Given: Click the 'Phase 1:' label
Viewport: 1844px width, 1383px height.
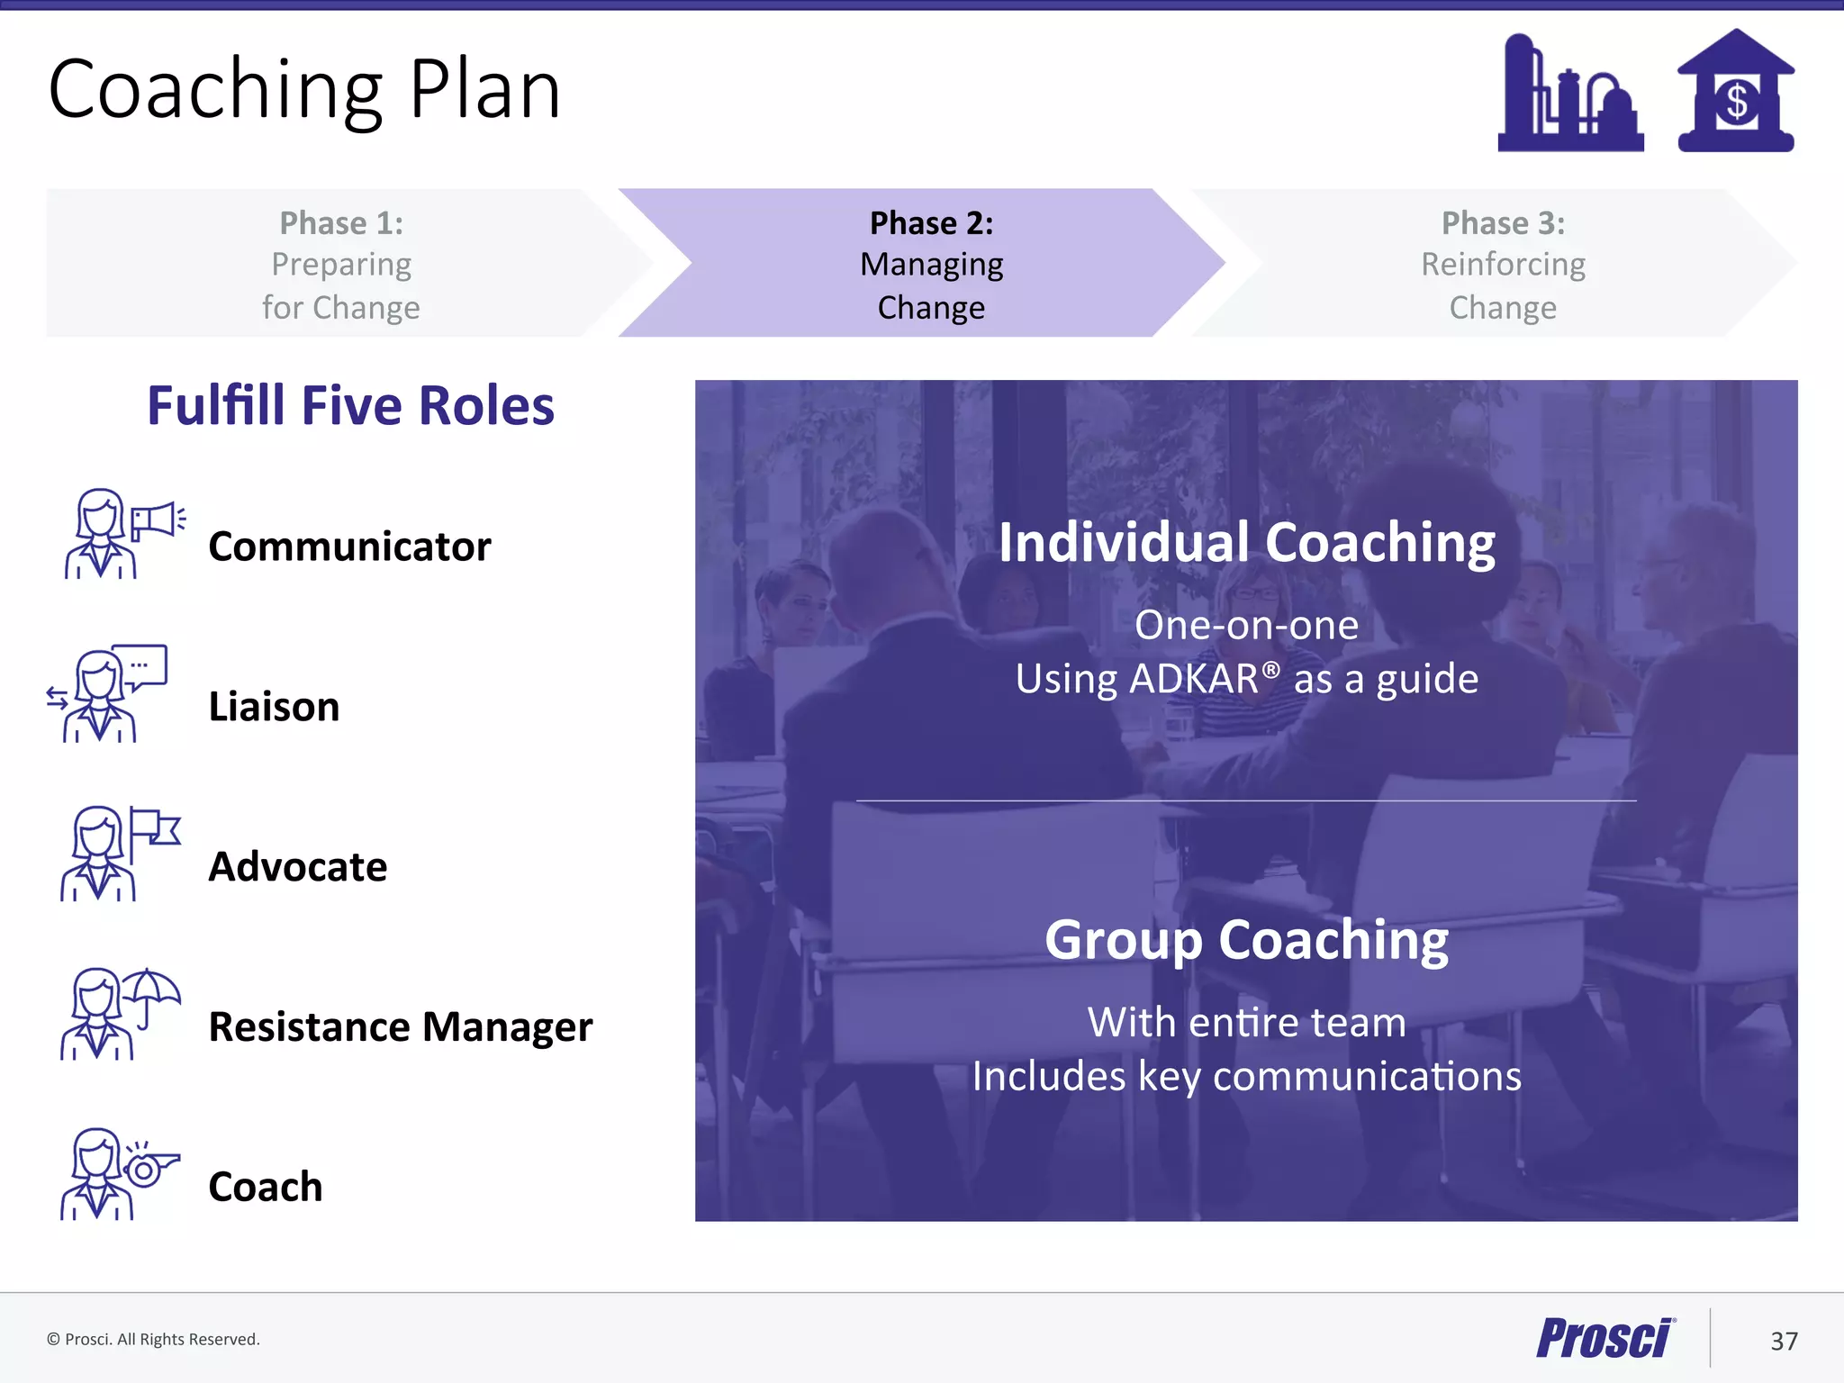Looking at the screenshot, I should coord(341,223).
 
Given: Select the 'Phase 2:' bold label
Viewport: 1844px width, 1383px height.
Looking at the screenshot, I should coord(931,223).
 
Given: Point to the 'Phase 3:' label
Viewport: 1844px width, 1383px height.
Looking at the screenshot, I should coord(1503,223).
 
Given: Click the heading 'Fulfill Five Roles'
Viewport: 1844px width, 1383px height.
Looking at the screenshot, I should coord(350,405).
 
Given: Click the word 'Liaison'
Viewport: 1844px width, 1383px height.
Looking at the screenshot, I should coord(274,707).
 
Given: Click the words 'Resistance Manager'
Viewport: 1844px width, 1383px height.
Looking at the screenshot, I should coord(400,1027).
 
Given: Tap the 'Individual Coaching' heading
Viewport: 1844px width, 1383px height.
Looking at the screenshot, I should coord(1246,543).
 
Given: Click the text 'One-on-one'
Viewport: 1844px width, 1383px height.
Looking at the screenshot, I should coord(1246,625).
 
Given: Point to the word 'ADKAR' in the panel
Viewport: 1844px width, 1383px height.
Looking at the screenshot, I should coord(1194,679).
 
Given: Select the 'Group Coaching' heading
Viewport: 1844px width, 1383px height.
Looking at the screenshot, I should coord(1246,940).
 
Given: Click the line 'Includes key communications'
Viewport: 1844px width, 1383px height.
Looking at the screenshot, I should coord(1246,1077).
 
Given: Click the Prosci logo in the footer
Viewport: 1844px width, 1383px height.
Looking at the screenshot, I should coord(1604,1338).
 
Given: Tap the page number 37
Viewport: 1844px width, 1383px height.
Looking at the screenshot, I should coord(1783,1342).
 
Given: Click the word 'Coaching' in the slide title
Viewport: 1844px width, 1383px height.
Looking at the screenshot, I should coord(216,90).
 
